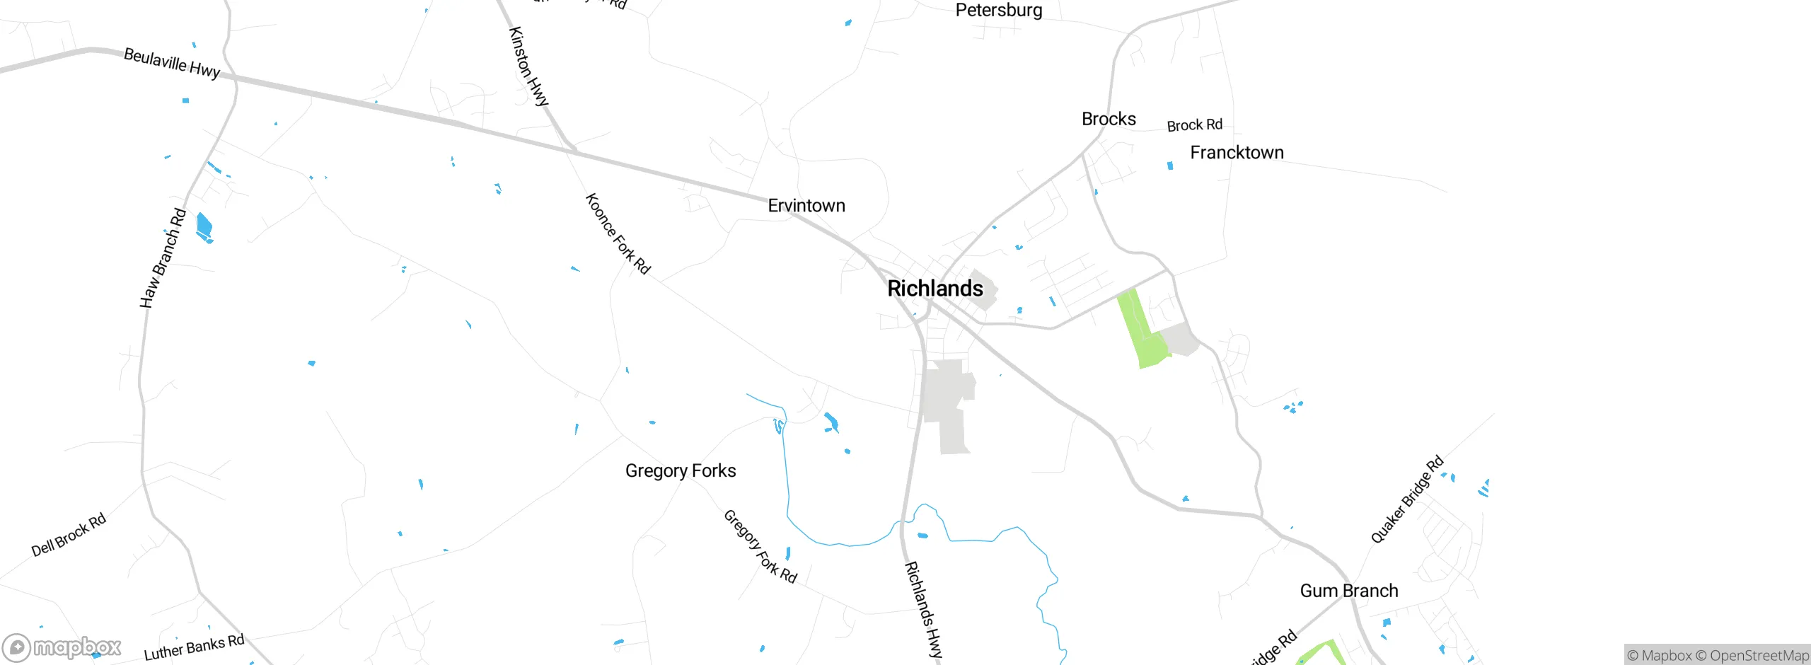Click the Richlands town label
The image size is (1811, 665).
(x=935, y=289)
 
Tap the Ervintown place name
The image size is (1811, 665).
(x=806, y=206)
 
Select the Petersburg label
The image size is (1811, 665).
(x=998, y=11)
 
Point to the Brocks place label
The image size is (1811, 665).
(x=1109, y=119)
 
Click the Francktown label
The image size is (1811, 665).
(x=1237, y=153)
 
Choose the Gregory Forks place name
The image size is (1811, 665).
(x=681, y=471)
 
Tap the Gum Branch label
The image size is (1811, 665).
(x=1348, y=591)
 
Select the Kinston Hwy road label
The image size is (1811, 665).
(x=528, y=66)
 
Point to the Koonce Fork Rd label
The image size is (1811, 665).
(x=618, y=233)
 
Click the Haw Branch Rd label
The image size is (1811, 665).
(x=163, y=258)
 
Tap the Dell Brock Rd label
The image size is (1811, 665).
(x=69, y=534)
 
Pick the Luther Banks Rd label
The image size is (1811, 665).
(x=194, y=647)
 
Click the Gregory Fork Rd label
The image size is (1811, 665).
(x=760, y=546)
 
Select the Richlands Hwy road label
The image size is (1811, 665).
(x=924, y=610)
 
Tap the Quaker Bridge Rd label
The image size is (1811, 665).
(x=1407, y=499)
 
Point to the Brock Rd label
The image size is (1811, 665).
(x=1194, y=125)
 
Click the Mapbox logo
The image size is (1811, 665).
(x=62, y=647)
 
